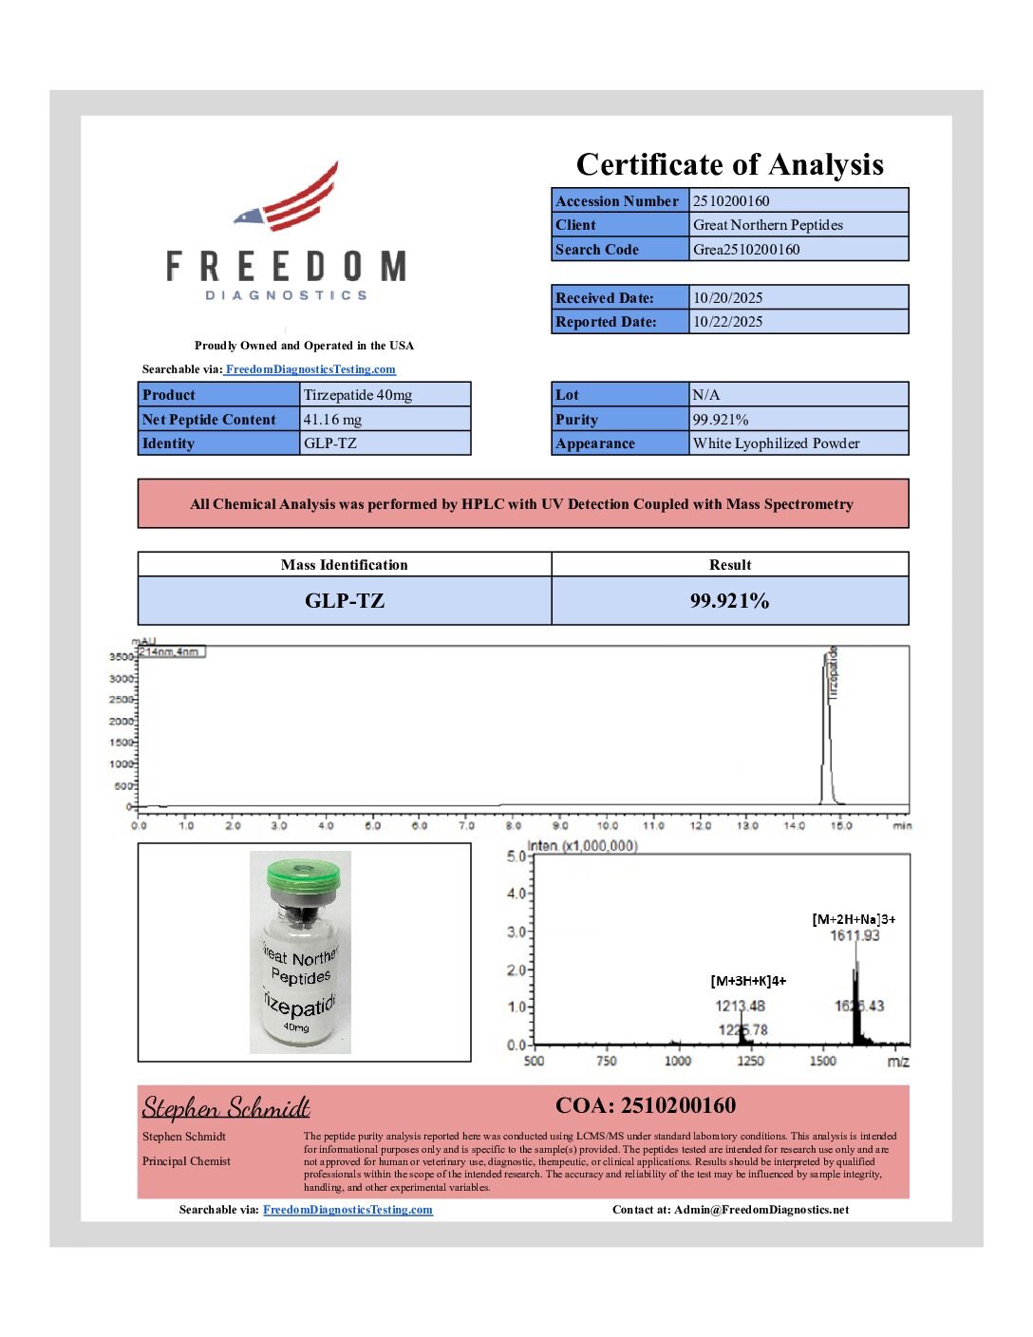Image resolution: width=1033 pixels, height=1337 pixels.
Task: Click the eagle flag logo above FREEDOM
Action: tap(290, 198)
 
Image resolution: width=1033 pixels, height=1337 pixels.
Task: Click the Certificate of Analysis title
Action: tap(729, 164)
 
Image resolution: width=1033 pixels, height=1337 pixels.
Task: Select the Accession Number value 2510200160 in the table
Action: tap(731, 200)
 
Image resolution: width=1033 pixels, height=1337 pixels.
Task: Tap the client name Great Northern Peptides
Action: tap(767, 225)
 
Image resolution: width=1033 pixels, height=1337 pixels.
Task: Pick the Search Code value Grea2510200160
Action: tap(746, 250)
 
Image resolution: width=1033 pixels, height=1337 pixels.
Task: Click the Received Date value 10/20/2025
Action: tap(727, 297)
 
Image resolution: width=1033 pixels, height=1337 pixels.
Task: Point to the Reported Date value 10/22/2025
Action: tap(727, 322)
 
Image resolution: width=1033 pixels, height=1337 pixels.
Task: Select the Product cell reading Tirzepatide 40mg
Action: tap(357, 395)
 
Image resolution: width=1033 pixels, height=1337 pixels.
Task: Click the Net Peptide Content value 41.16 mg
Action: tap(332, 420)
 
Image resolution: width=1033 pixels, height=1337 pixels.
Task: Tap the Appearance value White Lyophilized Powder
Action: tap(776, 443)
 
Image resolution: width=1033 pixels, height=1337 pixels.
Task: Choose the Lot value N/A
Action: tap(705, 395)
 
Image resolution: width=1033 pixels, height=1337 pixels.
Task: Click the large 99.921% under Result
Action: tap(729, 601)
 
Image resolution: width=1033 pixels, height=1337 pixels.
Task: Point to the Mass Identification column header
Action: tap(344, 565)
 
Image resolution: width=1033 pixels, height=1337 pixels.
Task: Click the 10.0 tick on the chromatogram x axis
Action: tap(608, 825)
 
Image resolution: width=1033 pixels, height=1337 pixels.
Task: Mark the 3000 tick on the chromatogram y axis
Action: tap(121, 679)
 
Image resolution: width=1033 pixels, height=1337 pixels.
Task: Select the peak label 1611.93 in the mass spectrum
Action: tap(855, 936)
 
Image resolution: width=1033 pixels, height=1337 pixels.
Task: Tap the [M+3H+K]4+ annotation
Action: tap(748, 981)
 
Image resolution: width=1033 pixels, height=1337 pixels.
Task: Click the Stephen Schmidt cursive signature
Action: tap(226, 1108)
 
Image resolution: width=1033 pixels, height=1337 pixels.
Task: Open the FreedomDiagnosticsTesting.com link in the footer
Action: tap(347, 1210)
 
